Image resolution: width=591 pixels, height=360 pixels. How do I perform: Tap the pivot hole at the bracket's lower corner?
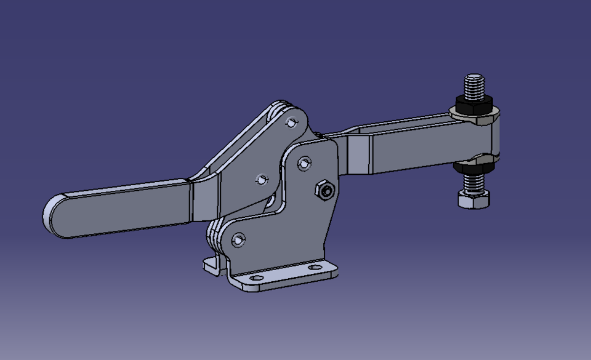(238, 239)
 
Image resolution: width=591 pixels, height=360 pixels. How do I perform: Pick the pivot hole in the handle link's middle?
(262, 180)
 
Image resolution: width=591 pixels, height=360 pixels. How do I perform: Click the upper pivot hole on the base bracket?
(304, 164)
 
